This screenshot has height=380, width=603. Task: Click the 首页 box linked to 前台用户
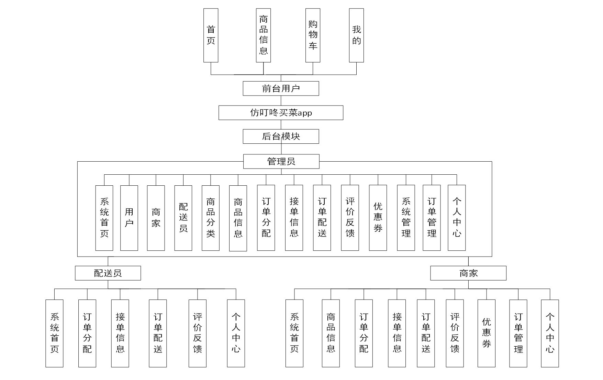pos(211,35)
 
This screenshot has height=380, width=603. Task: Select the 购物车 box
pos(313,35)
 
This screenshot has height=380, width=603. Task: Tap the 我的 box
pos(356,35)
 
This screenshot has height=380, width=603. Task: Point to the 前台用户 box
pos(281,88)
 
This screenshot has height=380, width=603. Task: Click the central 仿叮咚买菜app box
pos(281,113)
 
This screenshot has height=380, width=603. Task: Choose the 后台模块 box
pos(281,137)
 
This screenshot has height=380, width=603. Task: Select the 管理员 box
pos(281,161)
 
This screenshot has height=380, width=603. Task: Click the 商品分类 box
pos(211,218)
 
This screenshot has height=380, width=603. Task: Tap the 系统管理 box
pos(406,218)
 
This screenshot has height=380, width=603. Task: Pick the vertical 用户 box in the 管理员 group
pos(129,218)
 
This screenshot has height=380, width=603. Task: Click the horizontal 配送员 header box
pos(108,273)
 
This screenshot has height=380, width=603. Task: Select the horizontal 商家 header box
pos(468,273)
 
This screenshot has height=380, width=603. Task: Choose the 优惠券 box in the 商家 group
pos(487,333)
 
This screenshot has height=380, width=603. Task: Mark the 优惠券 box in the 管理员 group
pos(378,218)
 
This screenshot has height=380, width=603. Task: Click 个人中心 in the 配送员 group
pos(236,333)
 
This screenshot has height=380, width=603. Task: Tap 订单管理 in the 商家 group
pos(518,333)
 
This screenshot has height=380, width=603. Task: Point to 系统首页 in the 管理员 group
pos(104,218)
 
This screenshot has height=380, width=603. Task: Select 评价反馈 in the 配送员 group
pos(198,333)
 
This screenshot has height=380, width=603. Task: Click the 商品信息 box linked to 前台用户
pos(264,35)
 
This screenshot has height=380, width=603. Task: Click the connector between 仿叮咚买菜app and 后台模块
pos(281,124)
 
